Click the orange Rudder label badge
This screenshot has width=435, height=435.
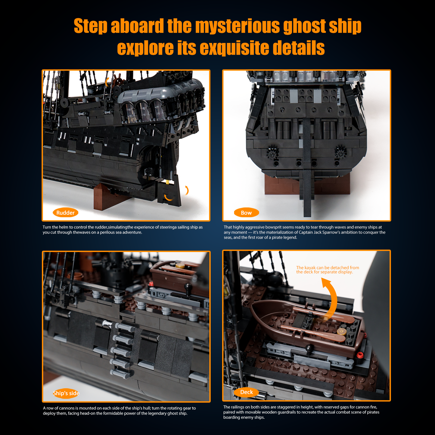[66, 213]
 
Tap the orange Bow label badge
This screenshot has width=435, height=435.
[246, 213]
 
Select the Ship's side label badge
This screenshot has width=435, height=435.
[66, 393]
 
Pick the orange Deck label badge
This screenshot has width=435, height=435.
[246, 392]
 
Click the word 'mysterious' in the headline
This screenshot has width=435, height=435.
[237, 26]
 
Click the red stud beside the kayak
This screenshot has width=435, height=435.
[360, 355]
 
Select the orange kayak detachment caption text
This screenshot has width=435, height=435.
[328, 270]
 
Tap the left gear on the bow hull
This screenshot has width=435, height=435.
[271, 153]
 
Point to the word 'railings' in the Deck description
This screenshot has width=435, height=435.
[239, 407]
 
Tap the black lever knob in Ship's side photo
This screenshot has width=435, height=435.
[188, 287]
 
